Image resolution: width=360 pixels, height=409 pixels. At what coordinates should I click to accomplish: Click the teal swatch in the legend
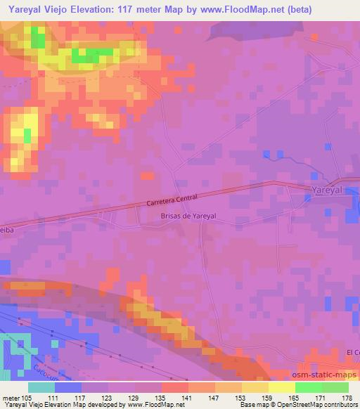(41, 387)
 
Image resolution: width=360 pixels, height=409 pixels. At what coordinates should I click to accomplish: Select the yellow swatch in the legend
(281, 387)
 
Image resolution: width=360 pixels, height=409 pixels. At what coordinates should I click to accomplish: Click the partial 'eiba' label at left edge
(7, 228)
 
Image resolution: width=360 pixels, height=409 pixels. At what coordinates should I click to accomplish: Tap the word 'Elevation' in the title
(96, 9)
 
